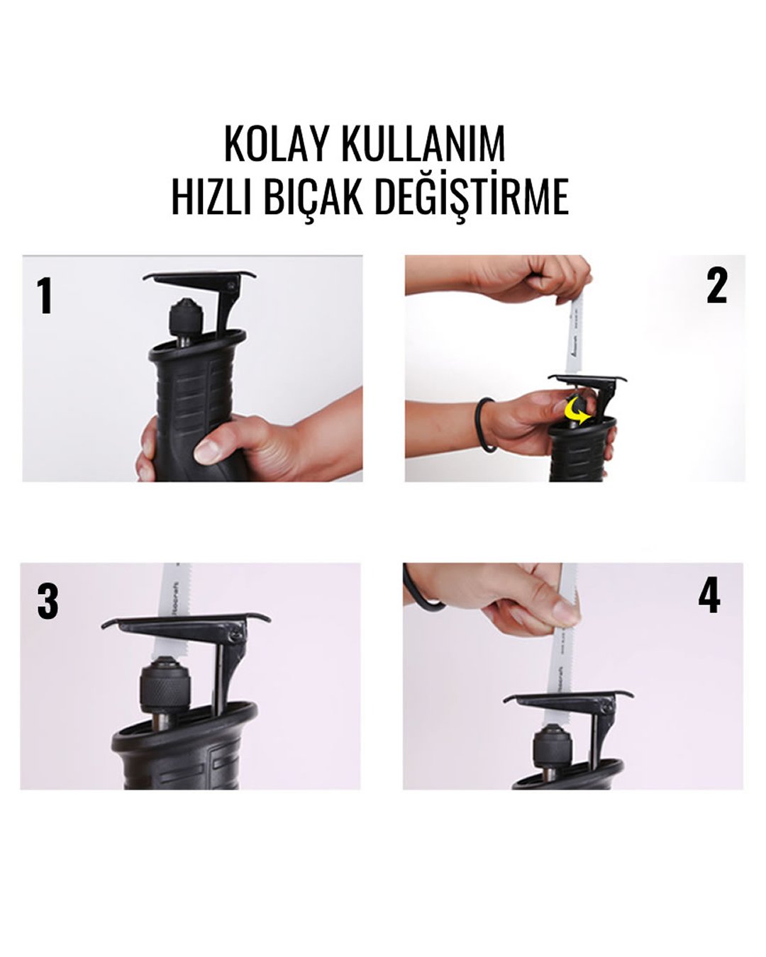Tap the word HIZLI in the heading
click(211, 196)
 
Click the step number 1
click(45, 296)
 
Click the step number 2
click(716, 287)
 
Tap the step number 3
click(48, 602)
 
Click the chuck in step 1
click(185, 318)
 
